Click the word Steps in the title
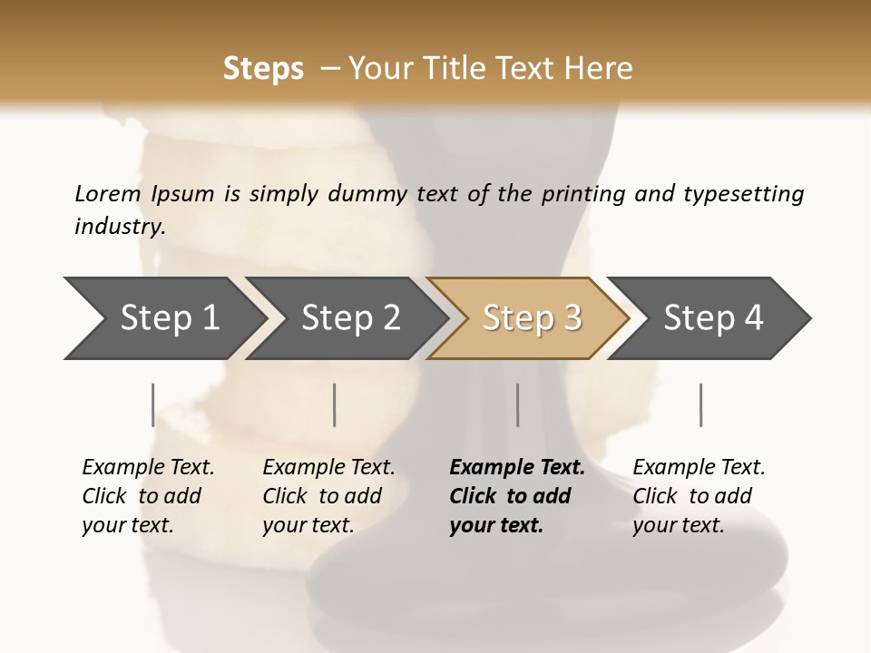pos(263,69)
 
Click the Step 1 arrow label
pos(170,317)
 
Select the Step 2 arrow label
pos(351,317)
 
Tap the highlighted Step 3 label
pos(532,317)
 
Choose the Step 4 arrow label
pos(713,317)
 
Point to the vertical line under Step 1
pos(153,404)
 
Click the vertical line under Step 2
pos(335,404)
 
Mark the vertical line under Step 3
pos(518,404)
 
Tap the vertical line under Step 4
pos(701,404)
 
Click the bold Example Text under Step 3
pos(517,467)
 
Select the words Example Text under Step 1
pos(148,467)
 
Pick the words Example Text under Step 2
pos(328,467)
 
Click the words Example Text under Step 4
pos(699,467)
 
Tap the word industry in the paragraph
pos(120,227)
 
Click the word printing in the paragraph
pos(579,194)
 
